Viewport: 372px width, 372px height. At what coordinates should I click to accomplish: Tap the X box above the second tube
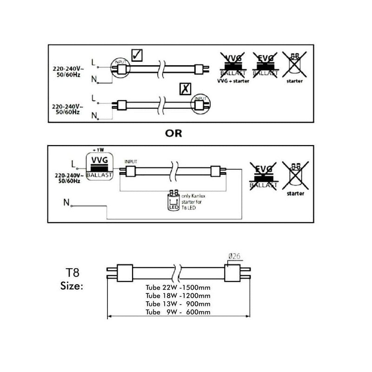[x=185, y=89]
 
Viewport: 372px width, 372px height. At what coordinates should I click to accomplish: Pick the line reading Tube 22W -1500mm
[x=178, y=288]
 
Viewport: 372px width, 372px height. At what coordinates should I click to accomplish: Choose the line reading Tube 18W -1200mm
[x=178, y=296]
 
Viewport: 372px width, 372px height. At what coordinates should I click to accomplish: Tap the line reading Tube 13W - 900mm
[x=178, y=304]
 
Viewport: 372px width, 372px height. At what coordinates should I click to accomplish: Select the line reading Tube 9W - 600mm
[x=178, y=312]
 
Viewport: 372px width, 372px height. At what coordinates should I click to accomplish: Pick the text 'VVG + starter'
[x=232, y=81]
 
